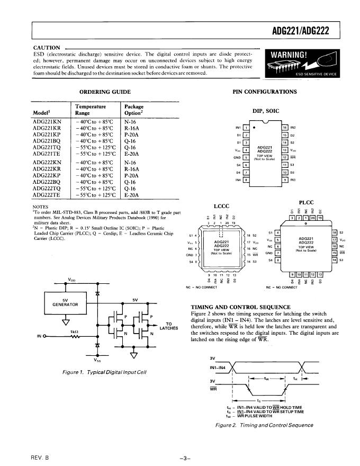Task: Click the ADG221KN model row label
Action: tap(47, 122)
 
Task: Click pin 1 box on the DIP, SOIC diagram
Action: tap(246, 128)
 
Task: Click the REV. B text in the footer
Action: tap(39, 456)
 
